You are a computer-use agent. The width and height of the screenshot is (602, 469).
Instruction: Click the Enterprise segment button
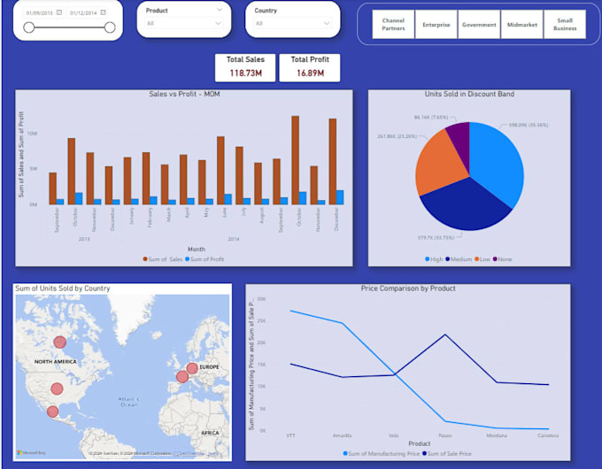[436, 25]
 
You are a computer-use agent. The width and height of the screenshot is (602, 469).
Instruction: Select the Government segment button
[479, 25]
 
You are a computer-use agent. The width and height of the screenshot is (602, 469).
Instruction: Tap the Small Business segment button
[564, 25]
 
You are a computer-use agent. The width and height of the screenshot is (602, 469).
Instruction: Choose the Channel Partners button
[393, 25]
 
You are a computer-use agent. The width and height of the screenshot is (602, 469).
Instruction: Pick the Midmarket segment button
[521, 25]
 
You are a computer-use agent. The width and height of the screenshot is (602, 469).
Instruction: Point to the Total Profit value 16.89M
[309, 73]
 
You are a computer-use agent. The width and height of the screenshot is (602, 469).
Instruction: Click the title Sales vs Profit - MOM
[184, 95]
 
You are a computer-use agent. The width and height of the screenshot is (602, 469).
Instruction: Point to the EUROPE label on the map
[208, 366]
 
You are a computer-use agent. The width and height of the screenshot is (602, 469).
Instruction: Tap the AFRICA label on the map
[210, 433]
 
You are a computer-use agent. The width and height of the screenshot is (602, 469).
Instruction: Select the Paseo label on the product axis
[445, 435]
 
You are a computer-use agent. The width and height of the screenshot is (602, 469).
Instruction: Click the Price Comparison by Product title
[408, 288]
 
